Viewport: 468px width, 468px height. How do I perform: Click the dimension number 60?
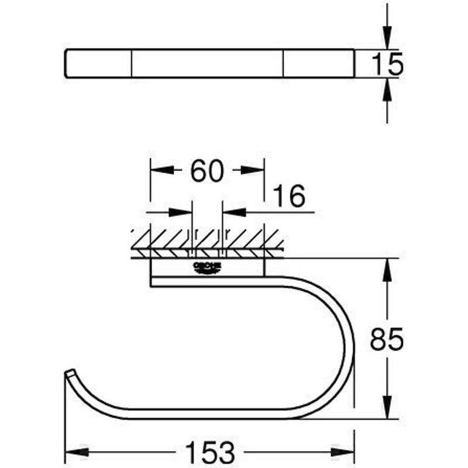point(207,170)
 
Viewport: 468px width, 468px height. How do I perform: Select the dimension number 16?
point(289,197)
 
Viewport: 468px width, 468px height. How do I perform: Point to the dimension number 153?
point(209,452)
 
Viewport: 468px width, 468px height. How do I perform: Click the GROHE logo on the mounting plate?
point(208,267)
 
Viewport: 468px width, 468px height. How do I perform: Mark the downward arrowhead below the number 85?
point(387,408)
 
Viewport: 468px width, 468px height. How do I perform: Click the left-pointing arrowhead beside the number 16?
point(234,212)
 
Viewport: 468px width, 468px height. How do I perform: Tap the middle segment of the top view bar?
point(208,63)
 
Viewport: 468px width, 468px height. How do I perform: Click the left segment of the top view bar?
point(98,63)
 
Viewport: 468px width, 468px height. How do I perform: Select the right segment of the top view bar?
point(319,63)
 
